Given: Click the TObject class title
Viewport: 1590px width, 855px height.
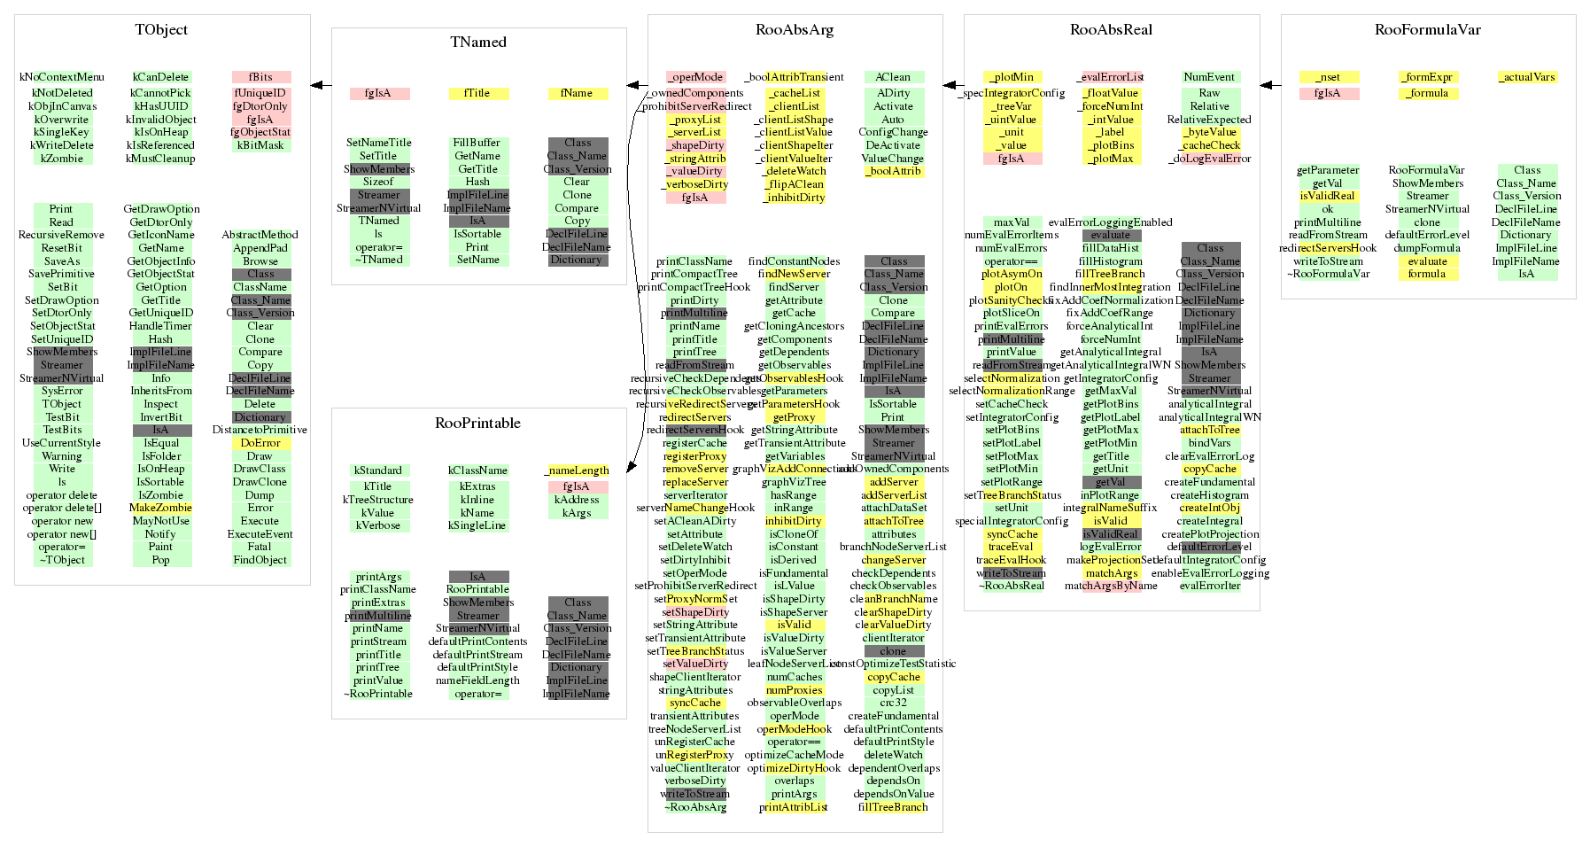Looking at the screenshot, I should pyautogui.click(x=161, y=29).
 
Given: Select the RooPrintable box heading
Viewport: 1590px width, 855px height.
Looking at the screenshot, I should pyautogui.click(x=477, y=423).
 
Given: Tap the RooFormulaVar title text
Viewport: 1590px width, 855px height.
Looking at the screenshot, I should pyautogui.click(x=1427, y=29).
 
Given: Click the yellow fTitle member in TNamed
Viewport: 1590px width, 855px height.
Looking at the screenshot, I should pyautogui.click(x=478, y=93).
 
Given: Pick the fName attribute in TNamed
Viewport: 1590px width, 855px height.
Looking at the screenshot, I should pyautogui.click(x=577, y=93).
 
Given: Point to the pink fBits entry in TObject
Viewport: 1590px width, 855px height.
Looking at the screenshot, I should pyautogui.click(x=260, y=77).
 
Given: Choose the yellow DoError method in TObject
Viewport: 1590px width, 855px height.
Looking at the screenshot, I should pyautogui.click(x=260, y=443).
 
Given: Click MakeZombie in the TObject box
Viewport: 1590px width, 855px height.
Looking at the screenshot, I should pyautogui.click(x=160, y=508).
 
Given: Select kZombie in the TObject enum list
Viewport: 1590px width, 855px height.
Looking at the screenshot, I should pyautogui.click(x=62, y=159).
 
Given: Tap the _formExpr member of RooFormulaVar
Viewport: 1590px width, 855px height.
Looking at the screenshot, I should pyautogui.click(x=1427, y=77).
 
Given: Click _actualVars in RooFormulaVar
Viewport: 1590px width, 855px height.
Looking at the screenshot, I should pyautogui.click(x=1526, y=77).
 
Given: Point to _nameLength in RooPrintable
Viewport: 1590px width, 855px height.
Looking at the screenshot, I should pyautogui.click(x=577, y=470).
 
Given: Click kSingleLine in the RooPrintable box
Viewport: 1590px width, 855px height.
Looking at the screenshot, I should pyautogui.click(x=477, y=525).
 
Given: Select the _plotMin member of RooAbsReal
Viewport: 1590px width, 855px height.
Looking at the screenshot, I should pyautogui.click(x=1012, y=77).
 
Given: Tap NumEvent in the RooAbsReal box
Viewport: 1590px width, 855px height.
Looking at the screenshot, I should pyautogui.click(x=1209, y=77).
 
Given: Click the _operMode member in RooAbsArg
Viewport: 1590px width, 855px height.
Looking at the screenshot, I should pyautogui.click(x=695, y=77).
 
